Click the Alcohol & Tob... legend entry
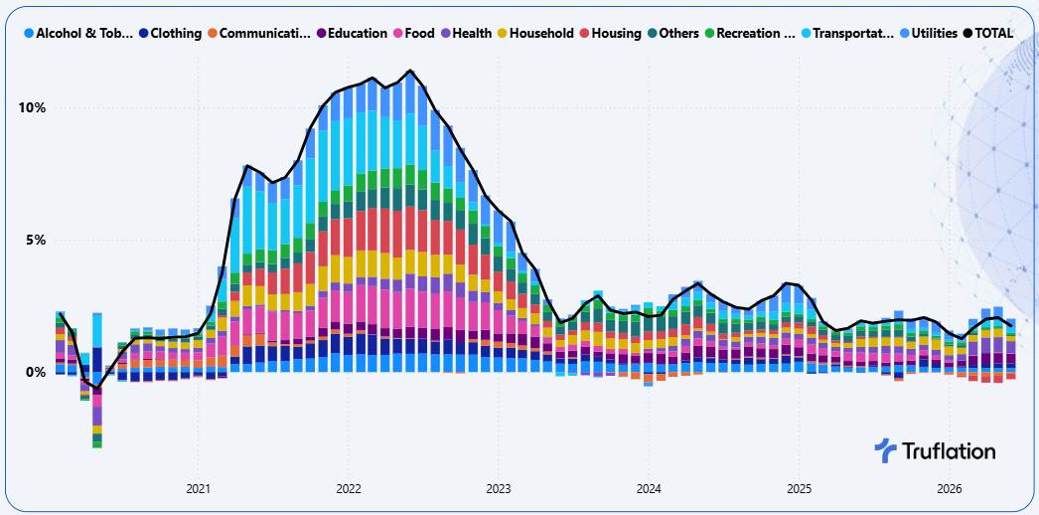coord(78,33)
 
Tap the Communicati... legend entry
coord(258,33)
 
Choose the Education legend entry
coord(352,33)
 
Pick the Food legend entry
coord(414,33)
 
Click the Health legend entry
coord(467,33)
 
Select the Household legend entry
coord(535,33)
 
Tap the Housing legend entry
coord(610,33)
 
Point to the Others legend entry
coord(673,33)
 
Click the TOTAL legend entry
coord(988,33)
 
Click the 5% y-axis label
coord(36,240)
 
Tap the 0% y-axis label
coord(36,373)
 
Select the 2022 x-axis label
coord(349,489)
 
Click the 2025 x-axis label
coord(799,489)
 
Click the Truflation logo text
coord(949,451)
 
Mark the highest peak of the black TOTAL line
coord(411,71)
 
